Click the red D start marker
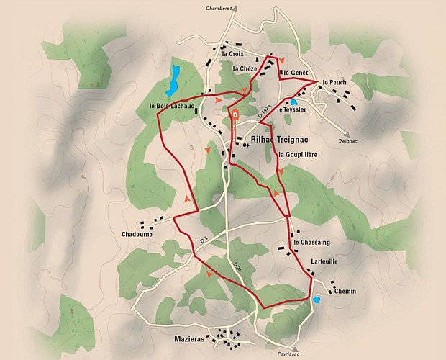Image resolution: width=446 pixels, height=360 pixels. pyautogui.click(x=235, y=113)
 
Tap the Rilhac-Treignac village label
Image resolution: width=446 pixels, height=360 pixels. pyautogui.click(x=273, y=142)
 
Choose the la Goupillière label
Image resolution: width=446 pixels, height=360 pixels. pyautogui.click(x=297, y=154)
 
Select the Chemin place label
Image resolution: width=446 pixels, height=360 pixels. pyautogui.click(x=345, y=291)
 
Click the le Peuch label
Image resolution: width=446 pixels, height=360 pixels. pyautogui.click(x=335, y=81)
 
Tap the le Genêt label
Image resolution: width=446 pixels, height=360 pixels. pyautogui.click(x=296, y=73)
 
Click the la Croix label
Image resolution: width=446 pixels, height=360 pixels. pyautogui.click(x=233, y=53)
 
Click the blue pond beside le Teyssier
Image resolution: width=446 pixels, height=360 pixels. pyautogui.click(x=294, y=102)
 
